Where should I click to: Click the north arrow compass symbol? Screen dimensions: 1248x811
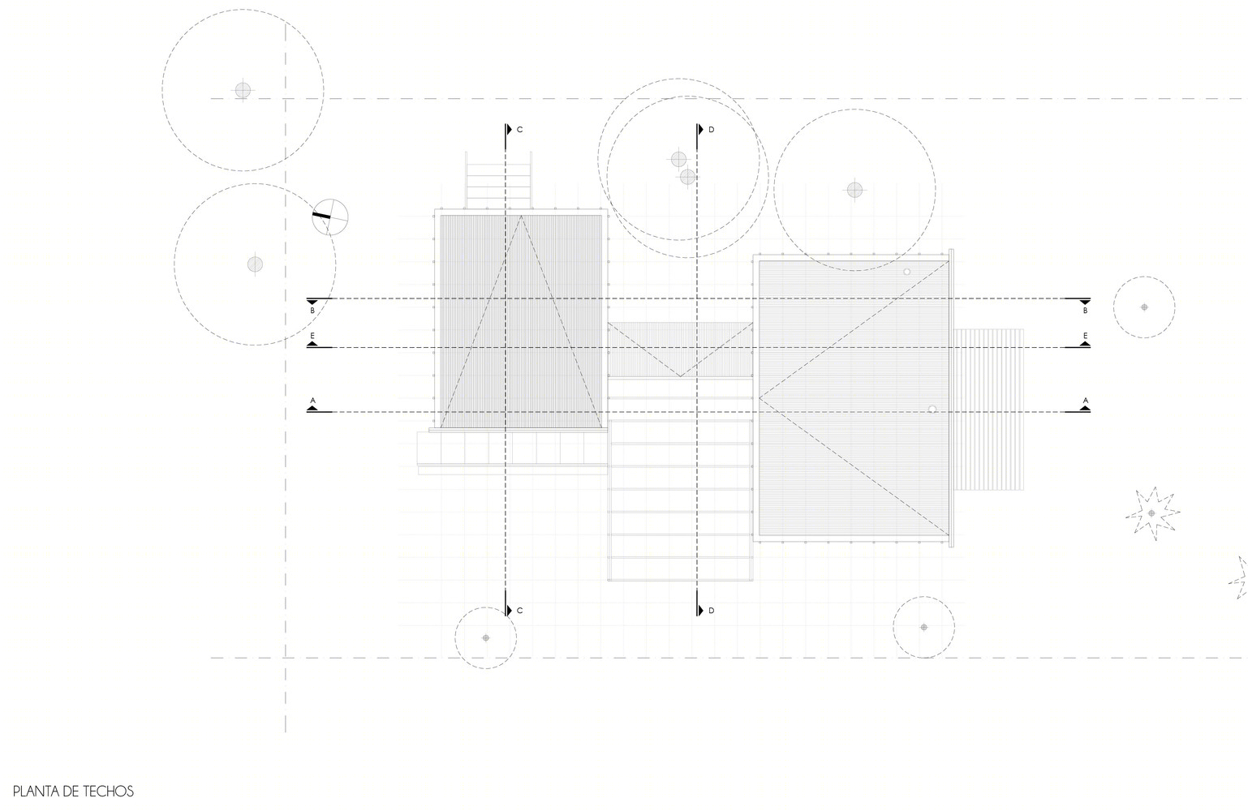pos(329,217)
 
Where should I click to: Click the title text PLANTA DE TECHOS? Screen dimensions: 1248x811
pos(73,792)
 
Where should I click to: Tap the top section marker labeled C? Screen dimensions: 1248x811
pos(514,130)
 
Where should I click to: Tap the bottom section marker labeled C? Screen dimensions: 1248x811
pos(514,611)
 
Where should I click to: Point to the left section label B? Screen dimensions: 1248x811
pos(312,311)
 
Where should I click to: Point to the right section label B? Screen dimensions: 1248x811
pos(1086,311)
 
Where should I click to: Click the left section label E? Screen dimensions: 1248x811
pos(312,336)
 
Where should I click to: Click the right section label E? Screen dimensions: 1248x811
pos(1086,336)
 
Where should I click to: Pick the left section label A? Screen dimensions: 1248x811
pos(312,401)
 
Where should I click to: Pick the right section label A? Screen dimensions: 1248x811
pos(1086,401)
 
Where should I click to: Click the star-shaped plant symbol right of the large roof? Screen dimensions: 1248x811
pos(1151,513)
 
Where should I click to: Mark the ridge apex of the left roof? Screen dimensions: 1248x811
pos(521,216)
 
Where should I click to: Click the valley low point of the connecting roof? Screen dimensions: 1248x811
pos(680,376)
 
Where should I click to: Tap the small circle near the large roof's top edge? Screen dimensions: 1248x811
pos(906,272)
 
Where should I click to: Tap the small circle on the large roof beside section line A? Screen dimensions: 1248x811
pos(932,410)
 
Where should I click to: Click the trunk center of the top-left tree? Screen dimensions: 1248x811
pos(243,90)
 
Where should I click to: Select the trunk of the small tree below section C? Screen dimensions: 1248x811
pos(486,637)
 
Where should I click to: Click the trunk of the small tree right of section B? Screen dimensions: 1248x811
pos(1144,307)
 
